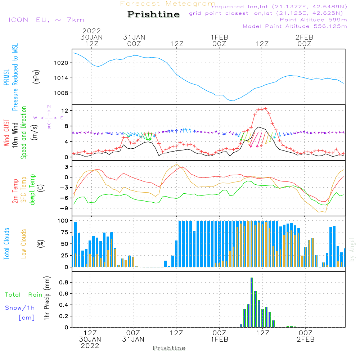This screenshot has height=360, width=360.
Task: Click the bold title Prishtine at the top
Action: (x=153, y=14)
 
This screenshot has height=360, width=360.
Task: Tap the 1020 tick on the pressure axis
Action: (x=61, y=63)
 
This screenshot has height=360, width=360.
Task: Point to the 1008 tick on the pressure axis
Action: (x=61, y=93)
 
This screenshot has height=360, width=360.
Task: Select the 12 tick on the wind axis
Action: (x=65, y=111)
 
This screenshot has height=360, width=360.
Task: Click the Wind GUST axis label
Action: (x=6, y=133)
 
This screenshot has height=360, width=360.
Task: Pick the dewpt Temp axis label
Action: (x=32, y=189)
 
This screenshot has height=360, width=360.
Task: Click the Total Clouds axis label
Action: (x=6, y=244)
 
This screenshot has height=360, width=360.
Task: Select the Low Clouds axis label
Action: (x=24, y=244)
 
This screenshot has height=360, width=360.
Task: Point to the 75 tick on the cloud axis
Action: (x=64, y=232)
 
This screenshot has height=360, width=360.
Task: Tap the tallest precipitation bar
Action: (x=252, y=302)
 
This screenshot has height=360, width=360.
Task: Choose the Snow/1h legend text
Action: (x=20, y=308)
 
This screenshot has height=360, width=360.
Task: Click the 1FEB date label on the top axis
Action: (x=220, y=37)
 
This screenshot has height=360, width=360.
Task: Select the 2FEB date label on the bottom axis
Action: (x=306, y=339)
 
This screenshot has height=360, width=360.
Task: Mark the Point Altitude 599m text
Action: (x=314, y=20)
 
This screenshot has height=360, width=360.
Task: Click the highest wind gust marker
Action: (x=265, y=109)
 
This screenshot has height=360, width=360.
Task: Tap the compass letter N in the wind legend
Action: (x=49, y=107)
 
